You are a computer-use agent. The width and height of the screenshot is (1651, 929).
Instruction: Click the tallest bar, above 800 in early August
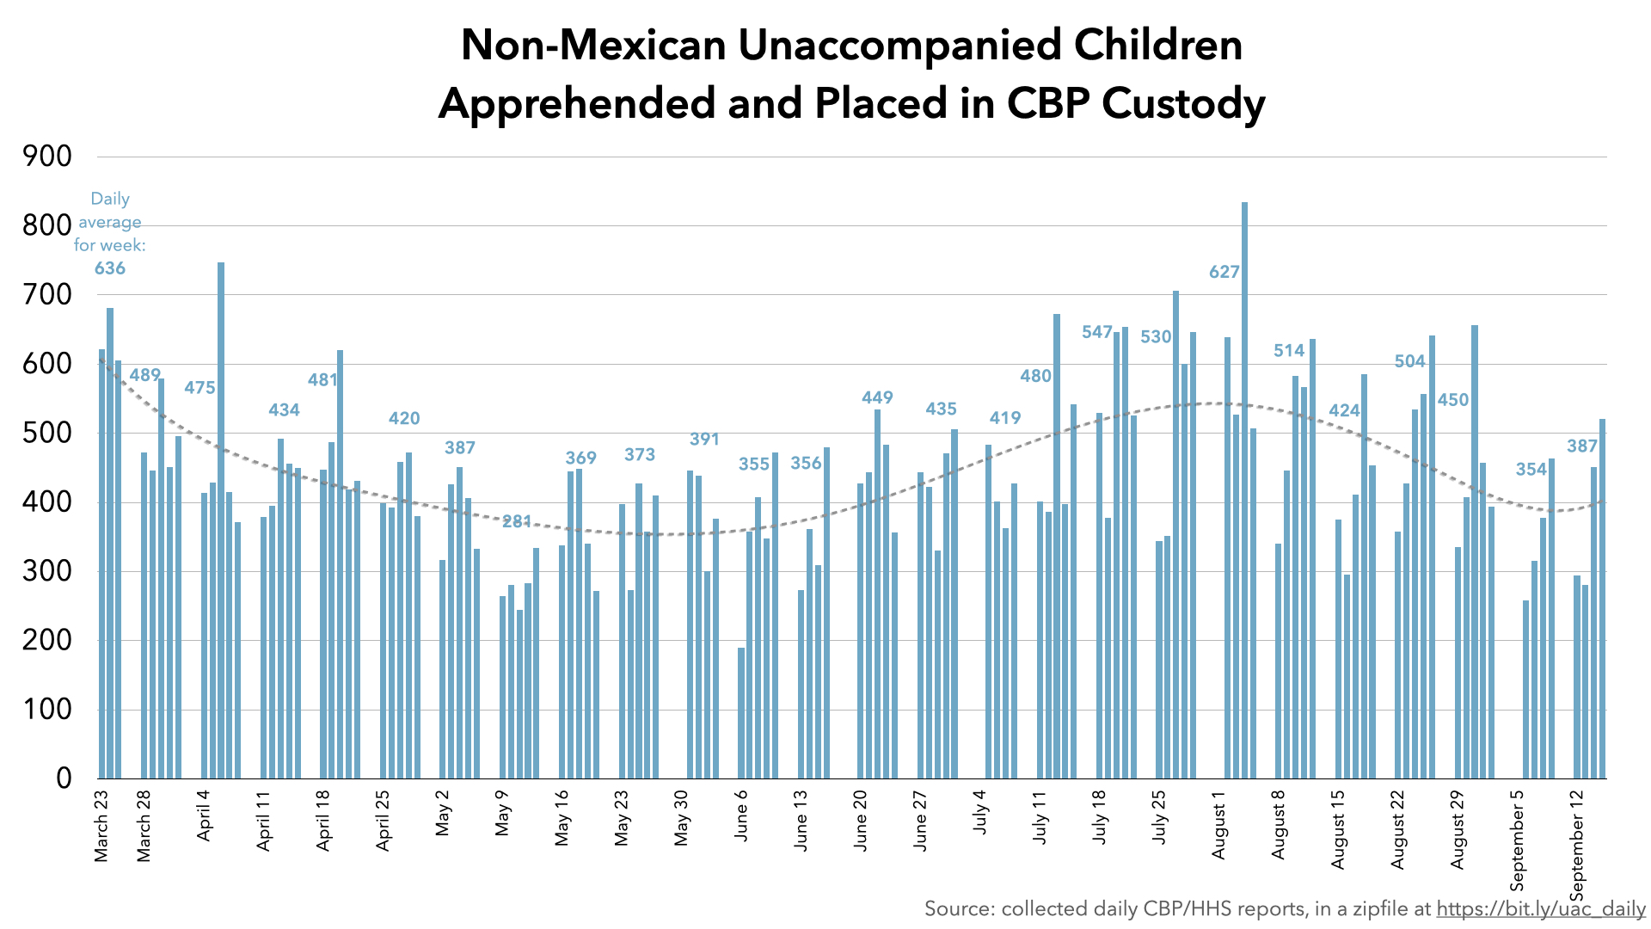(x=1244, y=490)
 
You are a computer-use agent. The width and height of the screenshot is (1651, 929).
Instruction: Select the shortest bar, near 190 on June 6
(x=741, y=713)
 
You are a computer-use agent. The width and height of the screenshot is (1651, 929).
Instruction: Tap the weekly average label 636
(x=110, y=268)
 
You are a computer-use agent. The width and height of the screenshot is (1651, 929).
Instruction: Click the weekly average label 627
(x=1224, y=273)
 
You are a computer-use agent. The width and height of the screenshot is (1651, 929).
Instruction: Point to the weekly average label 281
(x=517, y=521)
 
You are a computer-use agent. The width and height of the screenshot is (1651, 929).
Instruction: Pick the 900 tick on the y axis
(x=48, y=157)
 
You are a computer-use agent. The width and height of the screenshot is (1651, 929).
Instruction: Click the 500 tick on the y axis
(x=48, y=433)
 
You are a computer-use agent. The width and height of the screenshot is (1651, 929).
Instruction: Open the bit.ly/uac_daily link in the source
(x=1541, y=909)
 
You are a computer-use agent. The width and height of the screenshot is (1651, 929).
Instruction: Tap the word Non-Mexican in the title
(x=593, y=45)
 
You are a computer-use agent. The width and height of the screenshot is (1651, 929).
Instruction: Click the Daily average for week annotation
(x=110, y=222)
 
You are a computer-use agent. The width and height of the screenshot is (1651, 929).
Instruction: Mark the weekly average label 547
(x=1097, y=332)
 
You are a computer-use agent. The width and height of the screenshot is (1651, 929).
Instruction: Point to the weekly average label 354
(x=1531, y=470)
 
